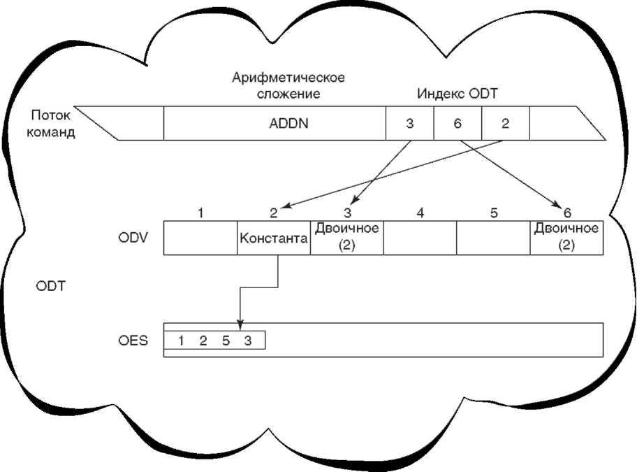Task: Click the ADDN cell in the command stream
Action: pos(275,124)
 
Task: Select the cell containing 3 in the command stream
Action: pos(410,124)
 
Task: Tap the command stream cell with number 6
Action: pos(457,124)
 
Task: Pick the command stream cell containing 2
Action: pos(505,124)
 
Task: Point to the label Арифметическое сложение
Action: pos(288,85)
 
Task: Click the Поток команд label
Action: pos(51,124)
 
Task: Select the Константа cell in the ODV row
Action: pos(274,238)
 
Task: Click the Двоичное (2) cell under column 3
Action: pos(347,238)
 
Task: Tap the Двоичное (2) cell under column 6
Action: pos(566,238)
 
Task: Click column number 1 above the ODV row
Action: pos(200,213)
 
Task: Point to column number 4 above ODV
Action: pos(420,213)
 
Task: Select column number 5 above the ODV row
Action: pos(494,213)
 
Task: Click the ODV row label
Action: pos(131,238)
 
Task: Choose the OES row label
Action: pos(131,342)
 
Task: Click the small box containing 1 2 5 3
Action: pos(214,341)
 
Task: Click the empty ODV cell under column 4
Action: pos(420,238)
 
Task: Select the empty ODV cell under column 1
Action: pos(200,238)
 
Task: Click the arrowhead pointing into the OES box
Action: pos(240,324)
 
